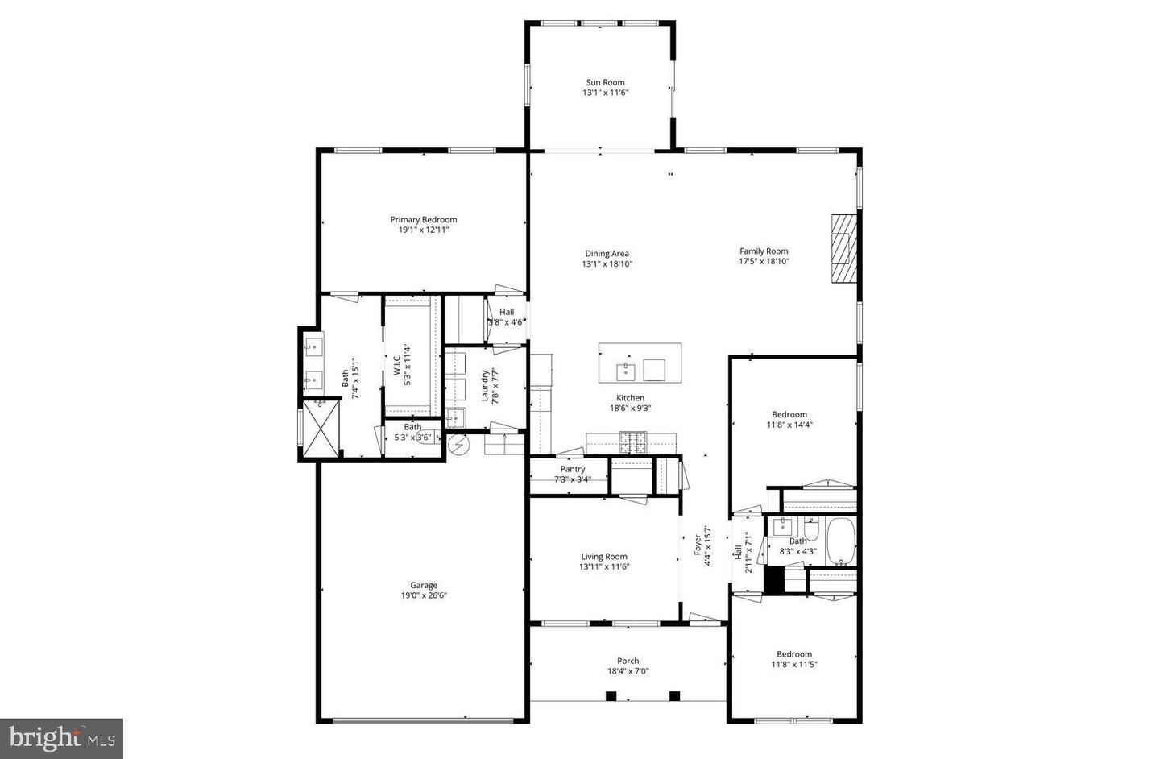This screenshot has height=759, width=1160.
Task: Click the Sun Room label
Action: (x=605, y=82)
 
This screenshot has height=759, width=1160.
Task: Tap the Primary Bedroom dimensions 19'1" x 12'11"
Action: (x=423, y=230)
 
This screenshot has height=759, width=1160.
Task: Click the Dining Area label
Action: (x=607, y=254)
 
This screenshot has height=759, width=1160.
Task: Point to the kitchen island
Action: (x=640, y=363)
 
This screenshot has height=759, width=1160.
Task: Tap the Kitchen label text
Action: (x=630, y=397)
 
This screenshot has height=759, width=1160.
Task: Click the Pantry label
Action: (x=572, y=469)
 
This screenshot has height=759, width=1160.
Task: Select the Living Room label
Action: (x=604, y=556)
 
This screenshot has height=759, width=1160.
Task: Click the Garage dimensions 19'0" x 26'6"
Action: (x=424, y=596)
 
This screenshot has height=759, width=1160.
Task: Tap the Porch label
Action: (x=628, y=661)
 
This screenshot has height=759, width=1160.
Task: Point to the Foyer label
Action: (x=698, y=545)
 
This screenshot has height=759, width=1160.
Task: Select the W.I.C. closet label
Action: (x=397, y=364)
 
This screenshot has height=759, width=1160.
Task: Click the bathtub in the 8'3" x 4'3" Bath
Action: (x=843, y=542)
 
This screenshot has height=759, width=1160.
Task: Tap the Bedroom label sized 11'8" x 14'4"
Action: (x=789, y=415)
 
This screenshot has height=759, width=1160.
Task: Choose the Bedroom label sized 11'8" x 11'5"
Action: (x=793, y=654)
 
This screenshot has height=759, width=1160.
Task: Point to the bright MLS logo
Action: (x=61, y=738)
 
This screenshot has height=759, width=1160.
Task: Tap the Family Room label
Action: (x=764, y=251)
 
